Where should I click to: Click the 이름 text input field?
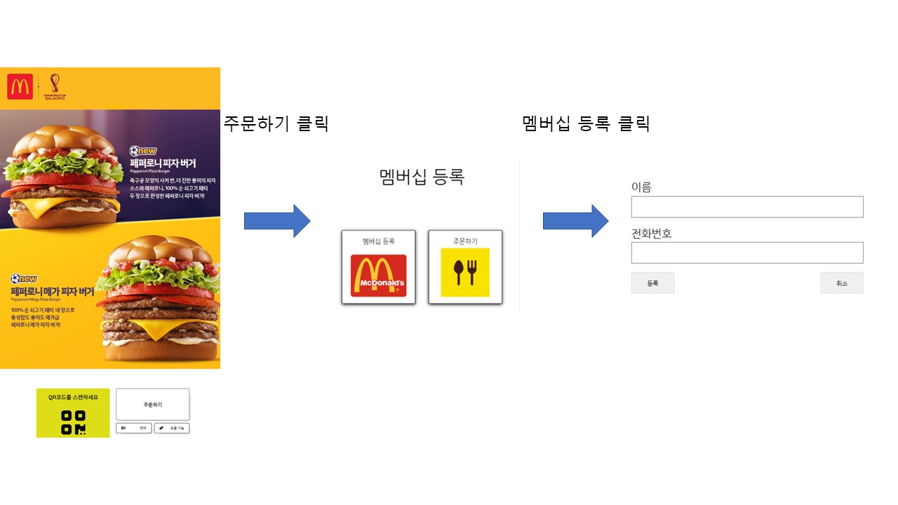click(x=747, y=207)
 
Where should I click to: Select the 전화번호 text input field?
click(x=747, y=252)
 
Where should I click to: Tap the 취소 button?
click(x=842, y=283)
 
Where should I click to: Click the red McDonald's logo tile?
click(x=378, y=275)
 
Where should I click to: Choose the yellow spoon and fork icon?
click(x=465, y=272)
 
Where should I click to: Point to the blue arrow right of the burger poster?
click(x=276, y=221)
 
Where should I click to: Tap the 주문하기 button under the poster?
click(x=152, y=405)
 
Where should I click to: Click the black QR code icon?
click(x=73, y=422)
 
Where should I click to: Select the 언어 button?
click(x=133, y=428)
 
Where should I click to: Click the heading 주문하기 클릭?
click(x=276, y=123)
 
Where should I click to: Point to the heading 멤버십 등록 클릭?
click(x=587, y=123)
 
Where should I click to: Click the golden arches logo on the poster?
click(x=20, y=88)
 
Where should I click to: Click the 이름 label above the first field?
click(x=641, y=187)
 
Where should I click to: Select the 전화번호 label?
click(x=652, y=233)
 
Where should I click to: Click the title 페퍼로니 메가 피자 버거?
click(x=52, y=291)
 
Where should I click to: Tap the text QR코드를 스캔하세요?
click(x=73, y=397)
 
